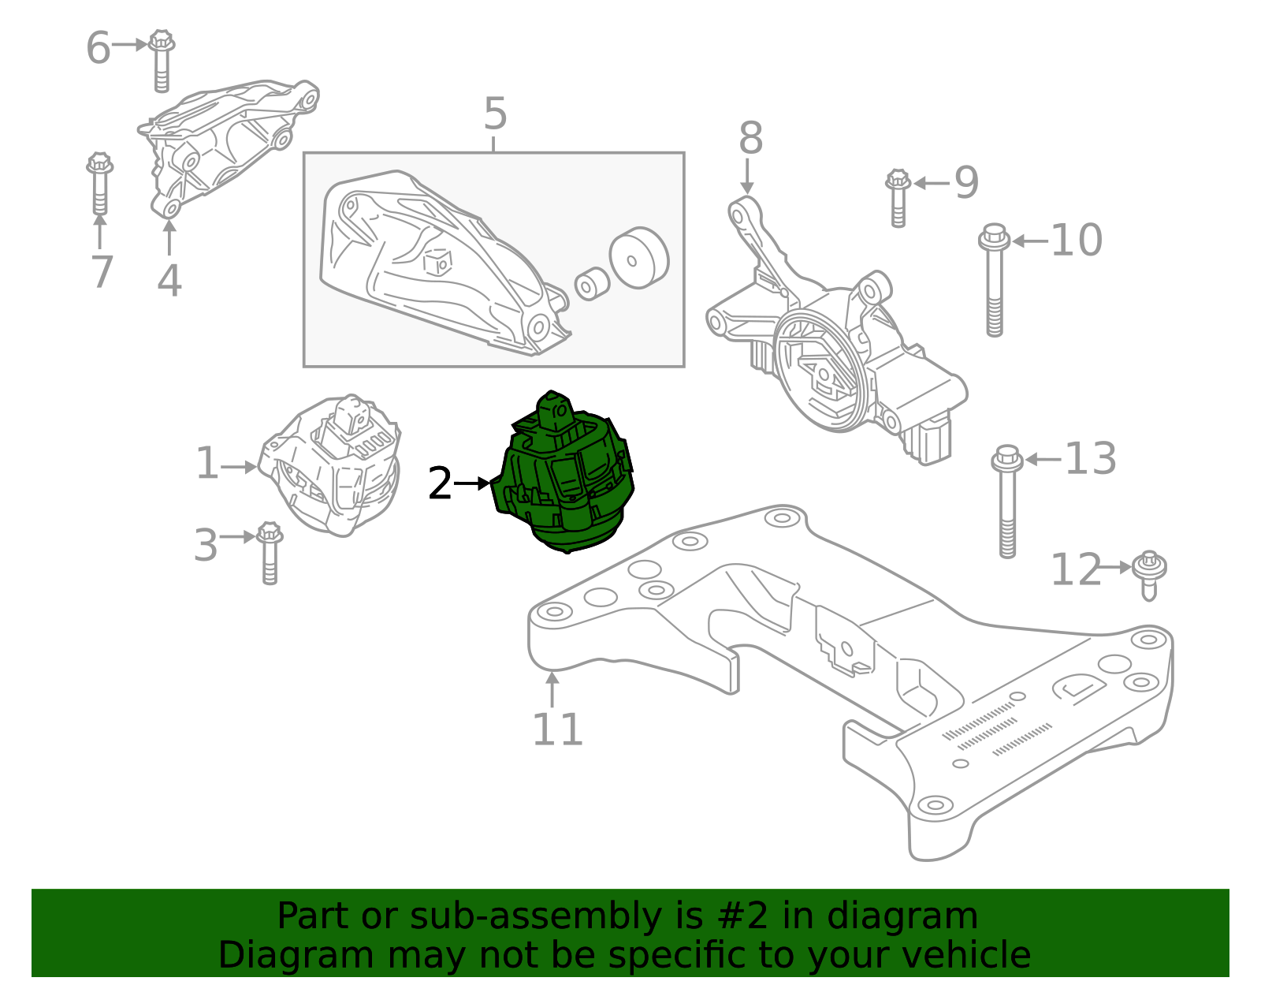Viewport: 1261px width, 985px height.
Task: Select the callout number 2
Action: click(440, 483)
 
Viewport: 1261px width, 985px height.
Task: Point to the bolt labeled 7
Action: click(99, 184)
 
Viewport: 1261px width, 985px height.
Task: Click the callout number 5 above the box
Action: click(495, 115)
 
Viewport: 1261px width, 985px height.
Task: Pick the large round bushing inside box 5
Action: click(639, 258)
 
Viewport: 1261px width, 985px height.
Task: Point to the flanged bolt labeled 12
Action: click(1149, 575)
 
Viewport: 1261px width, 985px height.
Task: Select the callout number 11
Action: click(557, 729)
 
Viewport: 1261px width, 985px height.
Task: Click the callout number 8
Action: click(750, 139)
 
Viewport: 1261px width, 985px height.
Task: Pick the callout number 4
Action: click(169, 280)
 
